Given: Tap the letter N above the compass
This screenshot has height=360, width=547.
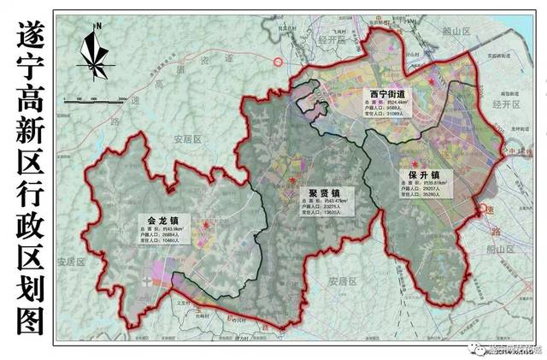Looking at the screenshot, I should (x=98, y=27).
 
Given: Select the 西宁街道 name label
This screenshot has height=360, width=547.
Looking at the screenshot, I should (x=387, y=93).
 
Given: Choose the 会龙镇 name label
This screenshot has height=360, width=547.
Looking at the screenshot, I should (x=162, y=220).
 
